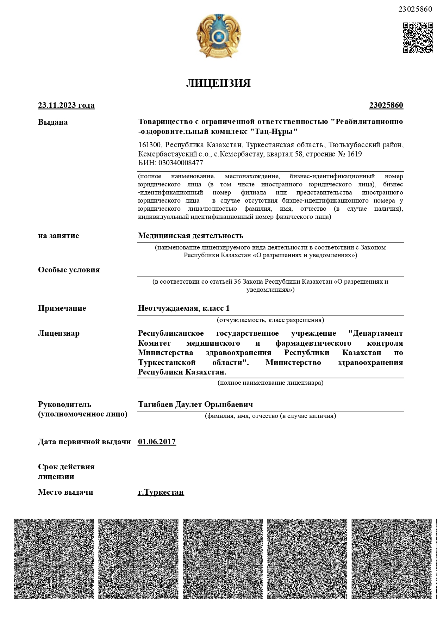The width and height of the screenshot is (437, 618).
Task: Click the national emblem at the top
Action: pos(218,37)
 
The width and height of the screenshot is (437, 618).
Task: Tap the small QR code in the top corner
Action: pos(418,38)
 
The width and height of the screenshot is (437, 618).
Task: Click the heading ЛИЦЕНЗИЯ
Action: pos(218,83)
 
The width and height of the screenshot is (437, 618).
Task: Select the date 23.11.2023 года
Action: pos(66,105)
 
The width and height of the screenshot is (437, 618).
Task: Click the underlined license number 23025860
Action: pos(386,105)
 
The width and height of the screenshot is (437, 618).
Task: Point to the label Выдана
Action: pos(53,122)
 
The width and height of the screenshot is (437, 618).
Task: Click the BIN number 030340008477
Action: pos(181,163)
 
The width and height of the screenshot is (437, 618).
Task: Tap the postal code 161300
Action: pos(150,145)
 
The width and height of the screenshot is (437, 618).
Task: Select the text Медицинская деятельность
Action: pos(191,235)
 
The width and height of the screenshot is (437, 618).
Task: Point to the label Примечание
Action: pos(62,308)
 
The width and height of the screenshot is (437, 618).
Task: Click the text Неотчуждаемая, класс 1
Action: pos(183,308)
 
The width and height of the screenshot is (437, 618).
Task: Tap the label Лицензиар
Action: pos(59,333)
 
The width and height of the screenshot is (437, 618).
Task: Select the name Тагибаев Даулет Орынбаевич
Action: pos(195,404)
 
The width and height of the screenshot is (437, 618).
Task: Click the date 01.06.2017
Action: pos(157,442)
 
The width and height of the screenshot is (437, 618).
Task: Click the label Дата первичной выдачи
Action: pos(84,442)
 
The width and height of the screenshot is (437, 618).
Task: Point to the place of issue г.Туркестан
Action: pos(161,492)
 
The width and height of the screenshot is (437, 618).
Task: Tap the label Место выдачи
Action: pos(65,492)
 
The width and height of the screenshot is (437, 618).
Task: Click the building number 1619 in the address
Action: pos(354,154)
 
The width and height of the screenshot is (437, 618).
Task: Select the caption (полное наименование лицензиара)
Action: pos(270,383)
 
